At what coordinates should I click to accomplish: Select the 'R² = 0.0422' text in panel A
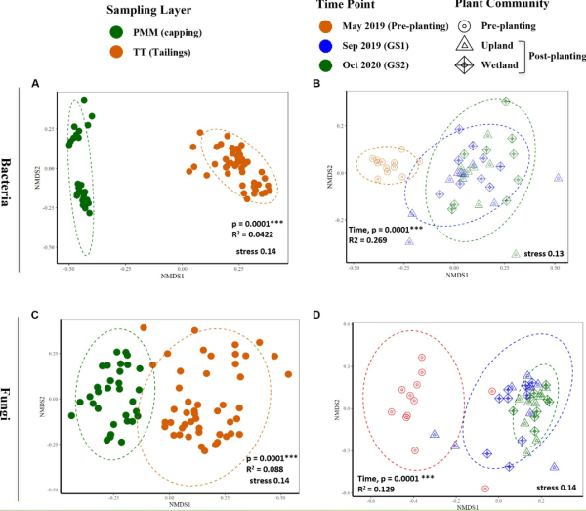pos(250,235)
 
